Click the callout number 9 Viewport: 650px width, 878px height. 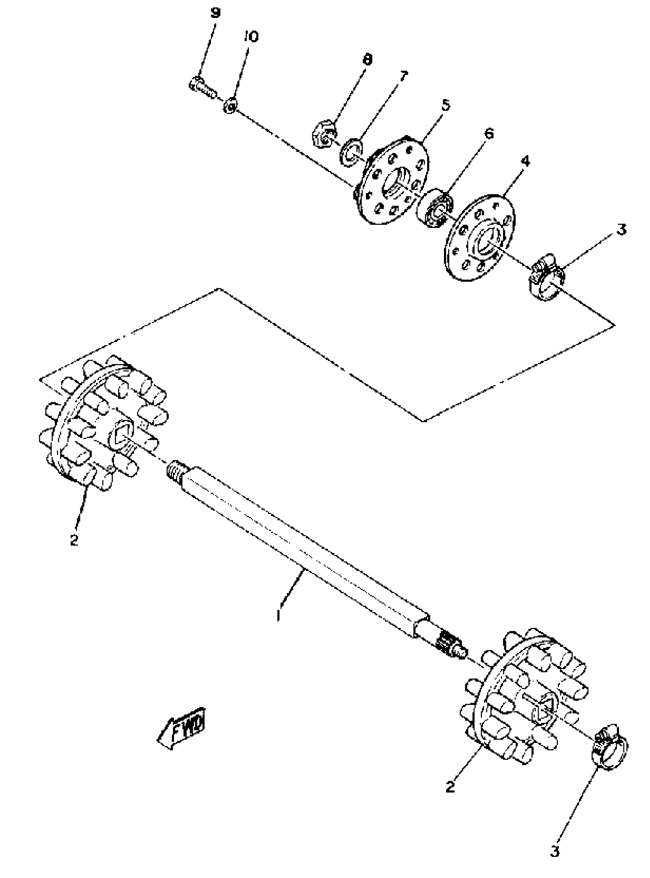point(215,13)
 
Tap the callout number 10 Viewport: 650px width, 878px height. point(251,37)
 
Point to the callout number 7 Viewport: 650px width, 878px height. point(403,75)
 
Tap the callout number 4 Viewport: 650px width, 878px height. point(525,161)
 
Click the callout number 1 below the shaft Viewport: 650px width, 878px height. point(279,614)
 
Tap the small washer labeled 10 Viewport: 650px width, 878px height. point(230,106)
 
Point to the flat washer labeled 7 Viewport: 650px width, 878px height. point(351,152)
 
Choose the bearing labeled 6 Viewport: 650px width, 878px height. point(435,208)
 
